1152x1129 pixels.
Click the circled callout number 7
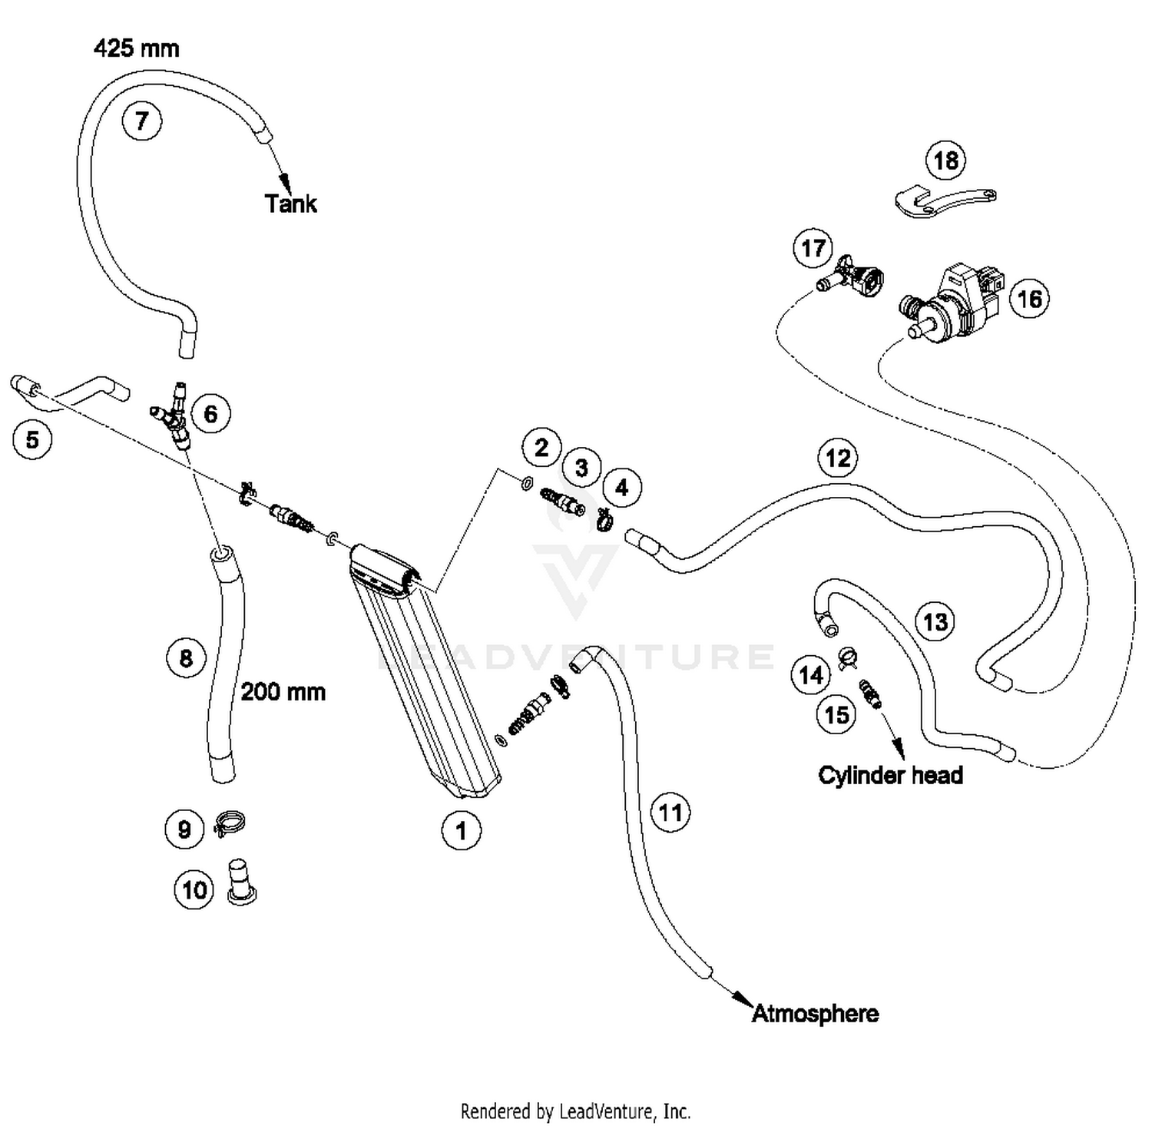pyautogui.click(x=141, y=121)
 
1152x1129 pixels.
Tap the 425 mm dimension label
pyautogui.click(x=137, y=48)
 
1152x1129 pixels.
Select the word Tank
pyautogui.click(x=290, y=204)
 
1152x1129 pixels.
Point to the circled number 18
pyautogui.click(x=945, y=161)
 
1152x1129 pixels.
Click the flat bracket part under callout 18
pyautogui.click(x=945, y=201)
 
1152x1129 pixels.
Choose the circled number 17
pyautogui.click(x=813, y=248)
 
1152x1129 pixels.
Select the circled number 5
pyautogui.click(x=32, y=440)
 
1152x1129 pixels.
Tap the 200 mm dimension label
pyautogui.click(x=283, y=692)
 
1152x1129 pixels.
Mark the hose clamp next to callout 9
pyautogui.click(x=229, y=824)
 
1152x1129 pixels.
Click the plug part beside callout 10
pyautogui.click(x=241, y=882)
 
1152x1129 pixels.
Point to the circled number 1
pyautogui.click(x=461, y=830)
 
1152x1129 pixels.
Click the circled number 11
pyautogui.click(x=670, y=813)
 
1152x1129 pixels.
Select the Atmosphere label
pyautogui.click(x=815, y=1014)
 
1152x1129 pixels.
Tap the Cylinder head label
pyautogui.click(x=890, y=775)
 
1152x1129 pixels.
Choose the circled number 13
pyautogui.click(x=935, y=621)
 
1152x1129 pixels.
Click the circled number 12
pyautogui.click(x=837, y=459)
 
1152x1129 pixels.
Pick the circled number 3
pyautogui.click(x=581, y=468)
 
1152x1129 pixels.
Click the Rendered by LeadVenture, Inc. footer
pyautogui.click(x=575, y=1111)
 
